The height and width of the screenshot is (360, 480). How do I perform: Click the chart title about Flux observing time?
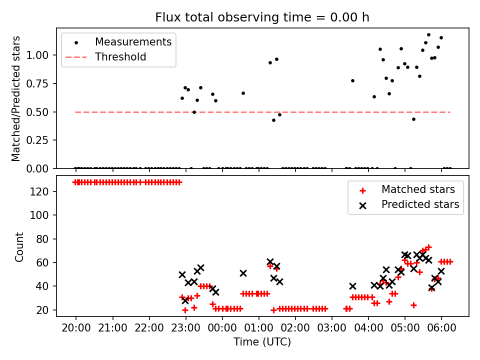point(262,17)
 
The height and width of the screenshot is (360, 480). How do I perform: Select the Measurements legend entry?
point(133,41)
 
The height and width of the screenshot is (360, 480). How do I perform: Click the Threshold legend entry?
point(120,57)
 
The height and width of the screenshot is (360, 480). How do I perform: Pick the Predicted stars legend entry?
point(420,204)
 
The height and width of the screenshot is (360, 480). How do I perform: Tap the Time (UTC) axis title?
point(262,342)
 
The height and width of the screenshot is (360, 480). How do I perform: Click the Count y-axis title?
point(19,246)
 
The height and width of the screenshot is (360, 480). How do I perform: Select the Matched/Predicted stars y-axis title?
point(16,98)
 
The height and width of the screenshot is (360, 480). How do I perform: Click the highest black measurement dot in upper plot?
point(428,35)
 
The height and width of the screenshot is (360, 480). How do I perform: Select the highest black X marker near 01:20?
point(270,262)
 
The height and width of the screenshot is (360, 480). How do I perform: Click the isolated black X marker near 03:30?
point(352,286)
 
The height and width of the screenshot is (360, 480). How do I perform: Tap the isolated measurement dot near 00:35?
point(243,93)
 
